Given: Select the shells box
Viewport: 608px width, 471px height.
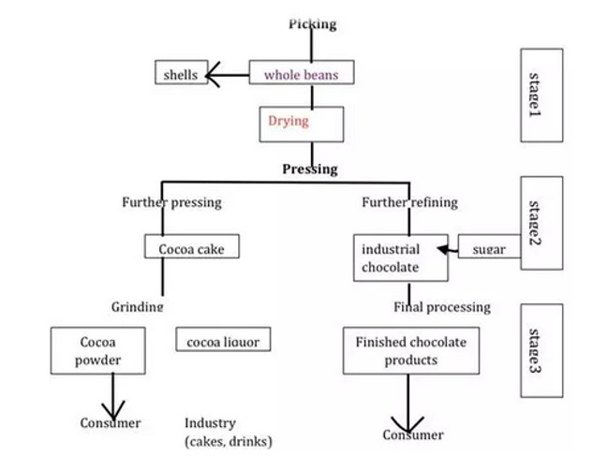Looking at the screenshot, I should point(181,73).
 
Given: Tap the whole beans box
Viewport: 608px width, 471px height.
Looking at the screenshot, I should point(305,73).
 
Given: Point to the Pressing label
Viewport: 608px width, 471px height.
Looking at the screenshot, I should point(310,169).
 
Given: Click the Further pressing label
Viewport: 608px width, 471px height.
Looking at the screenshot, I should point(171,202).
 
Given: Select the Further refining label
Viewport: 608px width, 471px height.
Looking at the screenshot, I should point(408,202).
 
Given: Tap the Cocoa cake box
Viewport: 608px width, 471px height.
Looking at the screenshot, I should point(191,247).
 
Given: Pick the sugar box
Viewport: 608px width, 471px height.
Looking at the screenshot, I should point(488,248).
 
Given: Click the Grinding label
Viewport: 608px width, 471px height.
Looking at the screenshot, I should point(138,306).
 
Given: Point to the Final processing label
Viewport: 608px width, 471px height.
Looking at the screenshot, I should point(441,306).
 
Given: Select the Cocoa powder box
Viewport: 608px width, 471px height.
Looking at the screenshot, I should point(98,349).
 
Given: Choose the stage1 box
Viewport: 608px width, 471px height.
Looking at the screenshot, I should point(541,96).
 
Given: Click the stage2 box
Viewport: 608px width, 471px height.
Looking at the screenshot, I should point(541,223).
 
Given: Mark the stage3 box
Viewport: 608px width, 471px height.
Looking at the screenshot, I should point(541,351).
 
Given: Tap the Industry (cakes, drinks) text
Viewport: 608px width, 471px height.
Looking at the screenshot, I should point(227,432).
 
